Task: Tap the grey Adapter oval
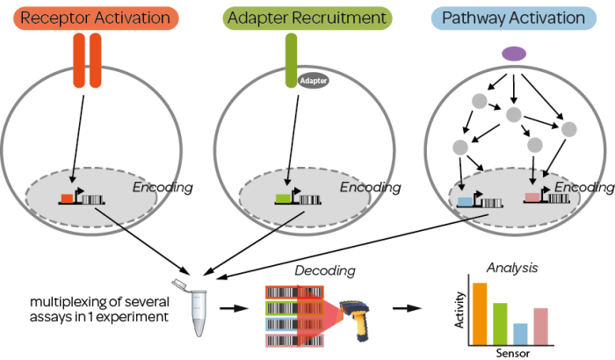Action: (313, 81)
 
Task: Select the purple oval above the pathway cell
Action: (514, 54)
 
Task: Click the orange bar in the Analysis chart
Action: (480, 314)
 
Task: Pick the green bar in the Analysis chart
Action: (501, 324)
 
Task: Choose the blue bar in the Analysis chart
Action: (521, 335)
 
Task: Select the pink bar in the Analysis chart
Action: (541, 327)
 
